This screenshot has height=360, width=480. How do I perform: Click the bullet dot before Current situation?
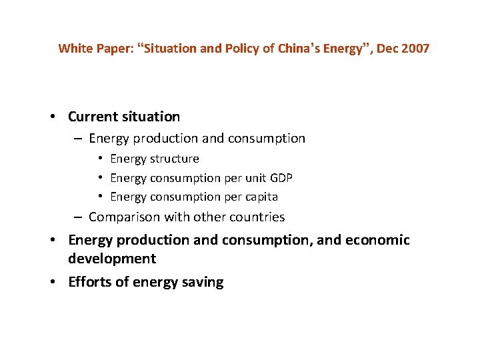point(53,117)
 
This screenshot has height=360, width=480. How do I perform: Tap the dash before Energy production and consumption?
point(79,139)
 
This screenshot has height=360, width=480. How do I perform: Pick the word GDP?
point(280,178)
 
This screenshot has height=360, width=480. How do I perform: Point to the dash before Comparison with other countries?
point(79,217)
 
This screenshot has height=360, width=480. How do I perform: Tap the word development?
point(111,259)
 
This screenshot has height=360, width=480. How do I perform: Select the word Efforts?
point(90,282)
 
